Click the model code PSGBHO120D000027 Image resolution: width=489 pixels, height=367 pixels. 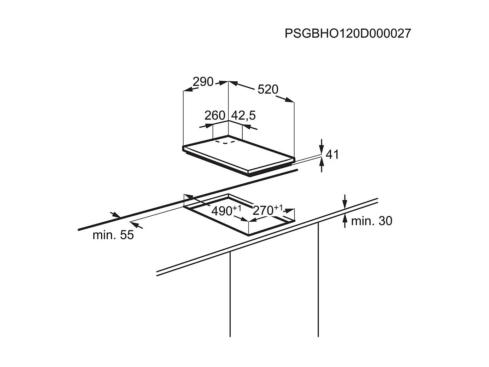348,34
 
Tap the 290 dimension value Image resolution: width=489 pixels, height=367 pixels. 203,82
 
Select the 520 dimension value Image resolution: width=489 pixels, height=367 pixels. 268,89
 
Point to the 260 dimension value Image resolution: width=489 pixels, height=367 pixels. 215,115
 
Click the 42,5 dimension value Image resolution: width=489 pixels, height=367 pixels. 243,116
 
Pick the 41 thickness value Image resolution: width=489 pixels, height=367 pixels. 332,155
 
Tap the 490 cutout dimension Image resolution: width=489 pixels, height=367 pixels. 226,211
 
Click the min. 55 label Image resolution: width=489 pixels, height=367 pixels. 113,235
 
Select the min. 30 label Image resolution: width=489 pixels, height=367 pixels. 372,221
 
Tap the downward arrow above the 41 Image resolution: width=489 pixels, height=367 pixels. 321,146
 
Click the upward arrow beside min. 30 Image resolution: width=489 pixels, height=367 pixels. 345,221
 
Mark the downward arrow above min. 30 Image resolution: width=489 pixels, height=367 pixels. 345,202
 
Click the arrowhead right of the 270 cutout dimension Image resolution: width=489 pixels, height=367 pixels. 289,211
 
